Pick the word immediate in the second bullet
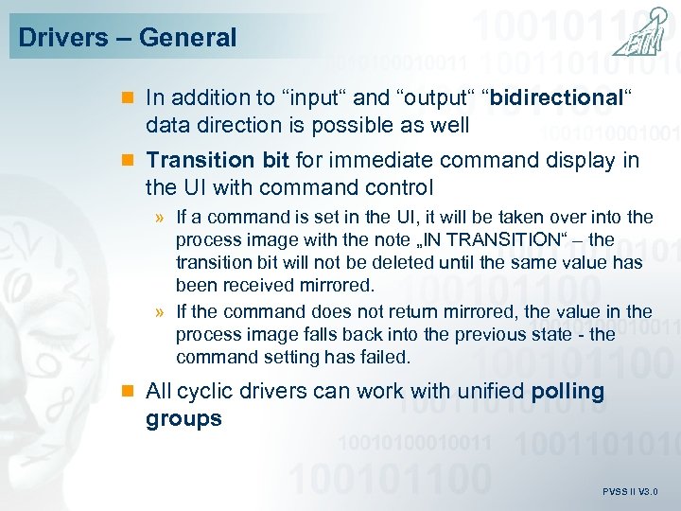click(374, 160)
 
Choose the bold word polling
click(567, 392)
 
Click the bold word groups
click(183, 418)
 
